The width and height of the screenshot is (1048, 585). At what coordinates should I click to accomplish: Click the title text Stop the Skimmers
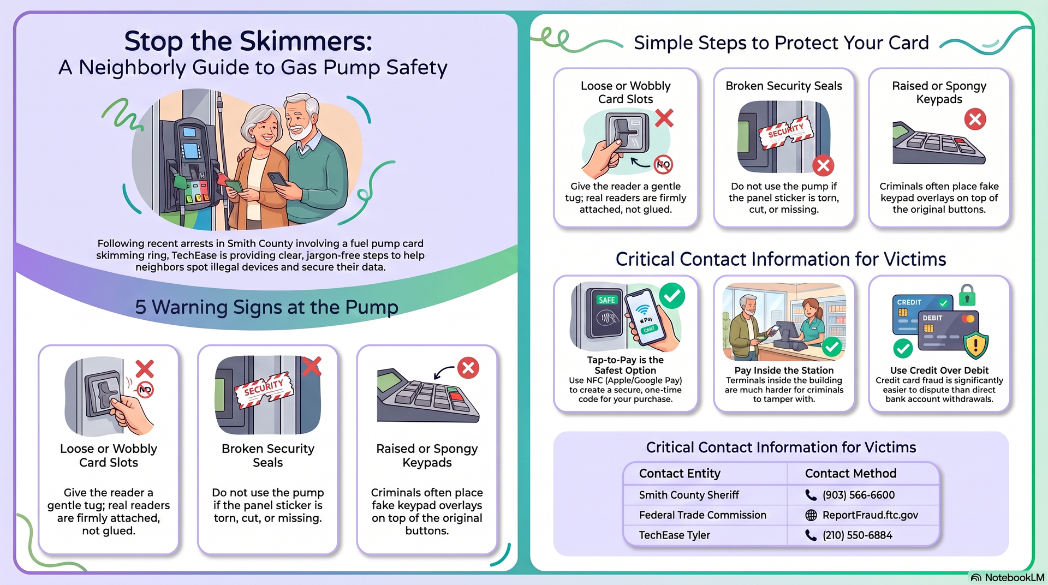(x=248, y=41)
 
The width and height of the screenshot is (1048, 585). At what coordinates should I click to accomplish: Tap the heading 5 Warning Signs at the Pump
(x=266, y=307)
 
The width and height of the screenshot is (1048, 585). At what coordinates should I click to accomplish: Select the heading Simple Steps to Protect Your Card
(x=781, y=43)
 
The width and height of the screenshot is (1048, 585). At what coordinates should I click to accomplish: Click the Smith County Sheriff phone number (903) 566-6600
(x=859, y=495)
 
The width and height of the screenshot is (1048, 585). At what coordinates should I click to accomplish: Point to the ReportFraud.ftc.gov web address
(x=870, y=515)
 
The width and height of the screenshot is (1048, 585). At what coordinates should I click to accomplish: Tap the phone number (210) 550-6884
(x=858, y=535)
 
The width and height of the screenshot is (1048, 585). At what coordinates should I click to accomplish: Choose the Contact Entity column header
(x=680, y=473)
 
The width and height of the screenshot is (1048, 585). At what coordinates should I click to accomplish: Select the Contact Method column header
(x=850, y=473)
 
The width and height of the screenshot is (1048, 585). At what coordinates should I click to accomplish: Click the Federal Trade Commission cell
(x=702, y=515)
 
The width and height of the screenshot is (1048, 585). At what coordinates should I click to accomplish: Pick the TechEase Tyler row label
(x=675, y=535)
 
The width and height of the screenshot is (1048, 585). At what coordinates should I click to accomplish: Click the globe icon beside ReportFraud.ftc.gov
(x=811, y=515)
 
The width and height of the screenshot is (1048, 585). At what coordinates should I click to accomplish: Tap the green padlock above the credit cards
(x=967, y=295)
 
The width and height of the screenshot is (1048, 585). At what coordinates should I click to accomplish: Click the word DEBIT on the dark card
(x=932, y=318)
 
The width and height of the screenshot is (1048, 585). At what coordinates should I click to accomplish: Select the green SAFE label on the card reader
(x=606, y=300)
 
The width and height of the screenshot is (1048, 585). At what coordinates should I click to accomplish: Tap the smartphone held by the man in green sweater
(x=277, y=179)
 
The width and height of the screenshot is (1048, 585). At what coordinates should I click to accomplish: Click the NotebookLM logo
(x=1007, y=577)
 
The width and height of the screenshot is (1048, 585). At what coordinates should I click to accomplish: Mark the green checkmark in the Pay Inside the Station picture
(x=831, y=347)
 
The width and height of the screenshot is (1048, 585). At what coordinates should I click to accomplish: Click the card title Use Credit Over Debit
(x=939, y=371)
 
